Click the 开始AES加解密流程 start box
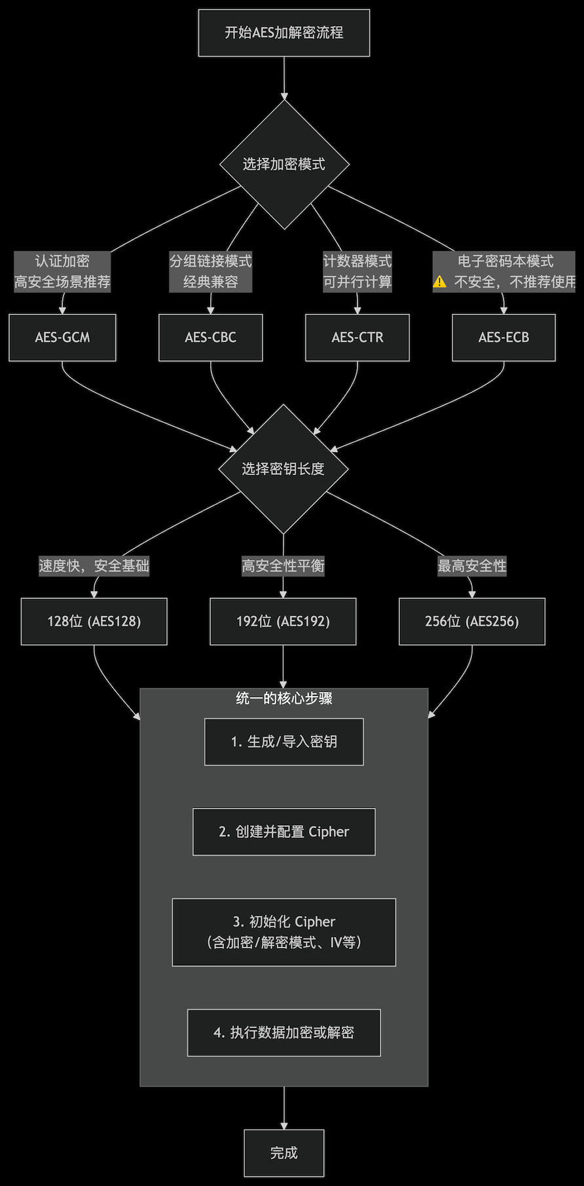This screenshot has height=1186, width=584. (283, 33)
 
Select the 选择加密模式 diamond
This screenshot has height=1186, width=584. (283, 164)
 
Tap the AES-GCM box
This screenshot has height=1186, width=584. (62, 337)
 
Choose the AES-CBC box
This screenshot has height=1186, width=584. (210, 337)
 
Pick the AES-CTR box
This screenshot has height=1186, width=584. (357, 337)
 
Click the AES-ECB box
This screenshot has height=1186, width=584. (503, 337)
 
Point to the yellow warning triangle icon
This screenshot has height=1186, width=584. (439, 282)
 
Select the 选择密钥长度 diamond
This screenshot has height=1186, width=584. (283, 469)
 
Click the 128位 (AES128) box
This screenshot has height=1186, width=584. (94, 621)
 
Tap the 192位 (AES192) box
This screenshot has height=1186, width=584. (283, 621)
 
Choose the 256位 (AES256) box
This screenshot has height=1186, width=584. (471, 621)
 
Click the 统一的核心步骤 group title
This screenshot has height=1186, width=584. (283, 698)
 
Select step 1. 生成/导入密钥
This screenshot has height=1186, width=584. (283, 742)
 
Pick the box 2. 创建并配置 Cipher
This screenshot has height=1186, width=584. (283, 832)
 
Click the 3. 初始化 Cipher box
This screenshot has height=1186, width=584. (283, 932)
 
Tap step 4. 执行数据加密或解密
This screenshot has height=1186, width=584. (283, 1033)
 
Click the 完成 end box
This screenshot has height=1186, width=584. (283, 1153)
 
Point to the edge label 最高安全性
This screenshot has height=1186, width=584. (471, 566)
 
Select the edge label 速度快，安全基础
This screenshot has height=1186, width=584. (94, 566)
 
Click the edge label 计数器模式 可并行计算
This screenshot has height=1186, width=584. (357, 271)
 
